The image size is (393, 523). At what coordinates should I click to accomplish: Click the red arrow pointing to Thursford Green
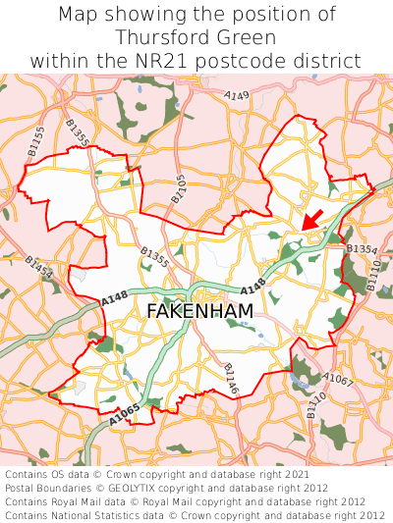[313, 219]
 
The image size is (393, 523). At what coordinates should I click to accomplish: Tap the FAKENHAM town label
[199, 311]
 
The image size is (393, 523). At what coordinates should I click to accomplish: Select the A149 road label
[236, 96]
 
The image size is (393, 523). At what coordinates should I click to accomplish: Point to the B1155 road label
[35, 141]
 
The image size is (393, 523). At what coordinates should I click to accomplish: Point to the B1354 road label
[362, 249]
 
